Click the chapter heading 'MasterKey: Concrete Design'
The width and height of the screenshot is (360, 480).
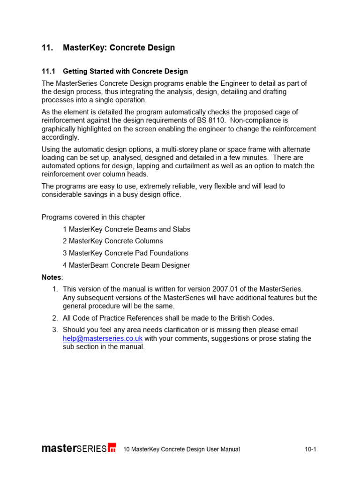pyautogui.click(x=119, y=48)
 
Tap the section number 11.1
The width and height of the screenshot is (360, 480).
pyautogui.click(x=48, y=72)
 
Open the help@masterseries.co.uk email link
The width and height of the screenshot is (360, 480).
pyautogui.click(x=103, y=338)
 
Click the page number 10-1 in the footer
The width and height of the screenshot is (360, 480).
pyautogui.click(x=310, y=449)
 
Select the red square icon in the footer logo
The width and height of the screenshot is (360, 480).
pyautogui.click(x=112, y=448)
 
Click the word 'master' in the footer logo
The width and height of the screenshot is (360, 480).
pyautogui.click(x=59, y=448)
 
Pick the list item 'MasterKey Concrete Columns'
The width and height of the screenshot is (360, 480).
pyautogui.click(x=116, y=241)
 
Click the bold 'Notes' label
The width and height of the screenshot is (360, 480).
pyautogui.click(x=51, y=277)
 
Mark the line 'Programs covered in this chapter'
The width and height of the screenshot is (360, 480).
pyautogui.click(x=93, y=217)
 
